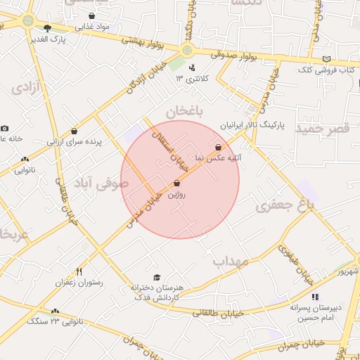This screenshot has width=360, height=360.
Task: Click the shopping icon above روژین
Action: point(176,183)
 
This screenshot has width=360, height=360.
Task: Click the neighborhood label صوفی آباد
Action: point(105,183)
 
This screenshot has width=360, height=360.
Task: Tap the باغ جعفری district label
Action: point(284,205)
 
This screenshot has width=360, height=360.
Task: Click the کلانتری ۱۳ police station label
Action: point(192,77)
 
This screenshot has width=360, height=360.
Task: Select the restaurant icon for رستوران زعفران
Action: point(79,271)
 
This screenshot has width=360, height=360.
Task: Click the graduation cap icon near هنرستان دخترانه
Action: point(156,277)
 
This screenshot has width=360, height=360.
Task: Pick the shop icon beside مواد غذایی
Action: point(92,15)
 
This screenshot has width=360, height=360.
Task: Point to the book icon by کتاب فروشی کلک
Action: point(326,60)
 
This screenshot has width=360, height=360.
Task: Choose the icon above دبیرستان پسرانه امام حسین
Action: point(314,297)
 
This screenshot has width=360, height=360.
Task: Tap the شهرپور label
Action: point(347,271)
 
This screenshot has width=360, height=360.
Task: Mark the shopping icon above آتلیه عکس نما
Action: point(219,148)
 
